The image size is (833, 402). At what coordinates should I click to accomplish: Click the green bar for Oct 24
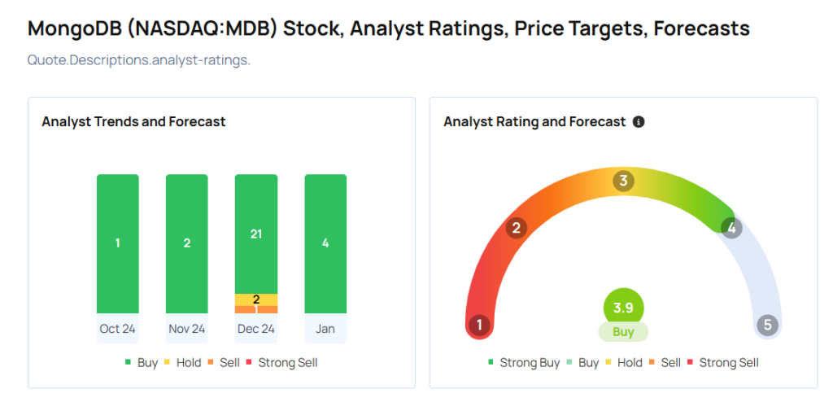tap(117, 243)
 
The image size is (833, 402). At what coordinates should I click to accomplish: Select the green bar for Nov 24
tap(186, 243)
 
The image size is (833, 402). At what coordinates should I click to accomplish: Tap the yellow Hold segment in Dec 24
tap(256, 299)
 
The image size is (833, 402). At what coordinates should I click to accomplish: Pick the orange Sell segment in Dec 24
tap(256, 309)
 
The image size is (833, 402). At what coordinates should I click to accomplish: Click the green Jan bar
tap(325, 243)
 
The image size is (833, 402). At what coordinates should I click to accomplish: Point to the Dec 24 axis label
tap(256, 329)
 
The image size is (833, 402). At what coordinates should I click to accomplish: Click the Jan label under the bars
tap(325, 329)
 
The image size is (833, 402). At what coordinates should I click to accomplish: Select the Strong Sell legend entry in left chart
tap(281, 362)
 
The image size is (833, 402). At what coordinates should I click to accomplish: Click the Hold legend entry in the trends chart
tap(182, 362)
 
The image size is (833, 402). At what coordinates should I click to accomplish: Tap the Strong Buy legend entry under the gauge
tap(524, 363)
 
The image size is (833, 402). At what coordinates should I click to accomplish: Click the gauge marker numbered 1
tap(479, 326)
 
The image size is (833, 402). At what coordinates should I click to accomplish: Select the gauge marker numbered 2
tap(515, 228)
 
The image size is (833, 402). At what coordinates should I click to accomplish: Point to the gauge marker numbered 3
tap(623, 181)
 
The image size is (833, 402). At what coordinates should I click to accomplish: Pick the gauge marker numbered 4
tap(731, 228)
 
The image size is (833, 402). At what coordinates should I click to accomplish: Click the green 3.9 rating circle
tap(623, 308)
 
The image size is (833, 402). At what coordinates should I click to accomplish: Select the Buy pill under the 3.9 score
tap(623, 332)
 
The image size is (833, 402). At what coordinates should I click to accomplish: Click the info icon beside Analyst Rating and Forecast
tap(639, 122)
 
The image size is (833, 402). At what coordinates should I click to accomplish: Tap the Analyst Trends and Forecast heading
tap(133, 122)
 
